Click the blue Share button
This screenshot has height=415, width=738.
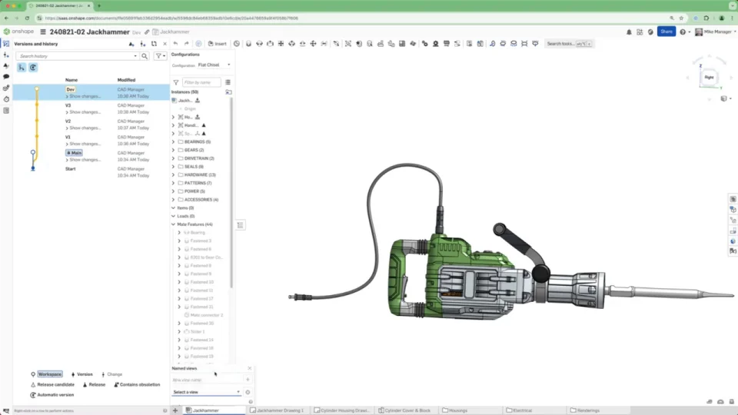(666, 32)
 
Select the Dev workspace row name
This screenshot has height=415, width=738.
(71, 89)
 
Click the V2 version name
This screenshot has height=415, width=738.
(68, 121)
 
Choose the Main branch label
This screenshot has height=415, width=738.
(75, 153)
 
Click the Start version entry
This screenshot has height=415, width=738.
(71, 168)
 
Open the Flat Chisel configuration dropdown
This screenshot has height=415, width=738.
(214, 65)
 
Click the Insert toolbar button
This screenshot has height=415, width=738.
(217, 44)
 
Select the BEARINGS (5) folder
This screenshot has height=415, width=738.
(198, 142)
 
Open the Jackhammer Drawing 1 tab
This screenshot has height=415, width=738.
(280, 410)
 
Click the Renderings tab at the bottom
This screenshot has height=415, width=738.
(587, 410)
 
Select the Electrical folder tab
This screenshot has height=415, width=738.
(522, 410)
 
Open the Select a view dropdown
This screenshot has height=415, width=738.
(206, 392)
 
